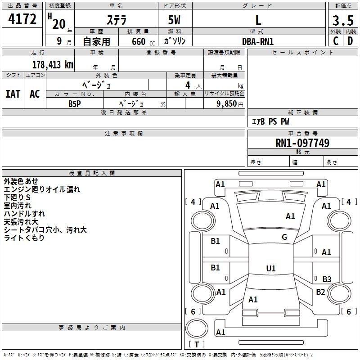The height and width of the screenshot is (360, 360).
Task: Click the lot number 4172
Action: [x=22, y=19]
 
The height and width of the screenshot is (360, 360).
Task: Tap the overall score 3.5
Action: [x=343, y=20]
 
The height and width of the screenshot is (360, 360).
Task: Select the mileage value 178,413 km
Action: [x=53, y=65]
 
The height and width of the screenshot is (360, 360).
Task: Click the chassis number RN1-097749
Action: [x=302, y=143]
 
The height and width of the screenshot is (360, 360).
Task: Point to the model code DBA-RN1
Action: [x=258, y=41]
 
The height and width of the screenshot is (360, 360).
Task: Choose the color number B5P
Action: [x=75, y=104]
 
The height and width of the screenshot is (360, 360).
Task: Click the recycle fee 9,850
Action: [x=226, y=104]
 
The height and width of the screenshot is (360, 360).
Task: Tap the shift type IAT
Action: [x=13, y=94]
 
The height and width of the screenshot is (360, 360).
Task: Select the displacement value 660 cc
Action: [x=143, y=42]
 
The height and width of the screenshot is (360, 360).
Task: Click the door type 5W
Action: [x=174, y=20]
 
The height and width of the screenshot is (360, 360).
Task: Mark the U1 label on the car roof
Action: [x=271, y=268]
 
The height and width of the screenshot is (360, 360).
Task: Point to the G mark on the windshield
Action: [x=284, y=237]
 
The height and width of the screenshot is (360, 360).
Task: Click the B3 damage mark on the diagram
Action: [x=327, y=279]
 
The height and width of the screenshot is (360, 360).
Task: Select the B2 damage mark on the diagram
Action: [x=320, y=292]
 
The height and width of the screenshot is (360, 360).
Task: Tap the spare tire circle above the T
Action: [x=197, y=328]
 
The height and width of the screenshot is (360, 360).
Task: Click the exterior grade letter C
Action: [x=336, y=41]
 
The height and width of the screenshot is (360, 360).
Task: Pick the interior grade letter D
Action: [x=350, y=41]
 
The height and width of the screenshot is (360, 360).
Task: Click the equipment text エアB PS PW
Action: [x=270, y=121]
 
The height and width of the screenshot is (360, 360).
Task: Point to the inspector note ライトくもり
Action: [x=24, y=238]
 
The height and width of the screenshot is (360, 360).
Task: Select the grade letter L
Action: [x=258, y=20]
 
